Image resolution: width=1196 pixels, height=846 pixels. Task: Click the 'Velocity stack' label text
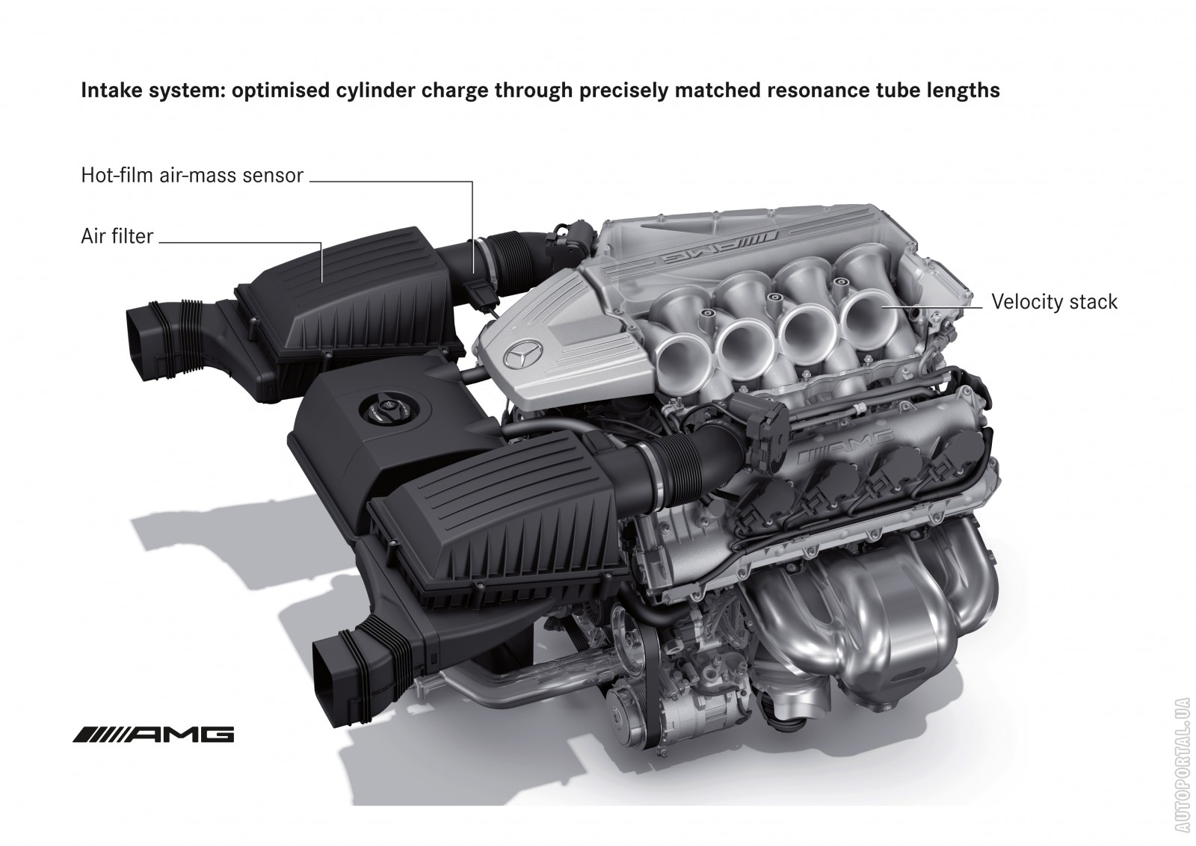coord(1054,302)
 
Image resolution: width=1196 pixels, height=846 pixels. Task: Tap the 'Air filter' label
coord(117,236)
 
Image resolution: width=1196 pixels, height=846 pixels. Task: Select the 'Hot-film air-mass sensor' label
coord(192,175)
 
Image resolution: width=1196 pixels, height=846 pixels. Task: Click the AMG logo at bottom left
coord(153,735)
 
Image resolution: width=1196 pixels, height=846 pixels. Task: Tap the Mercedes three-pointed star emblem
coord(523,352)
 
